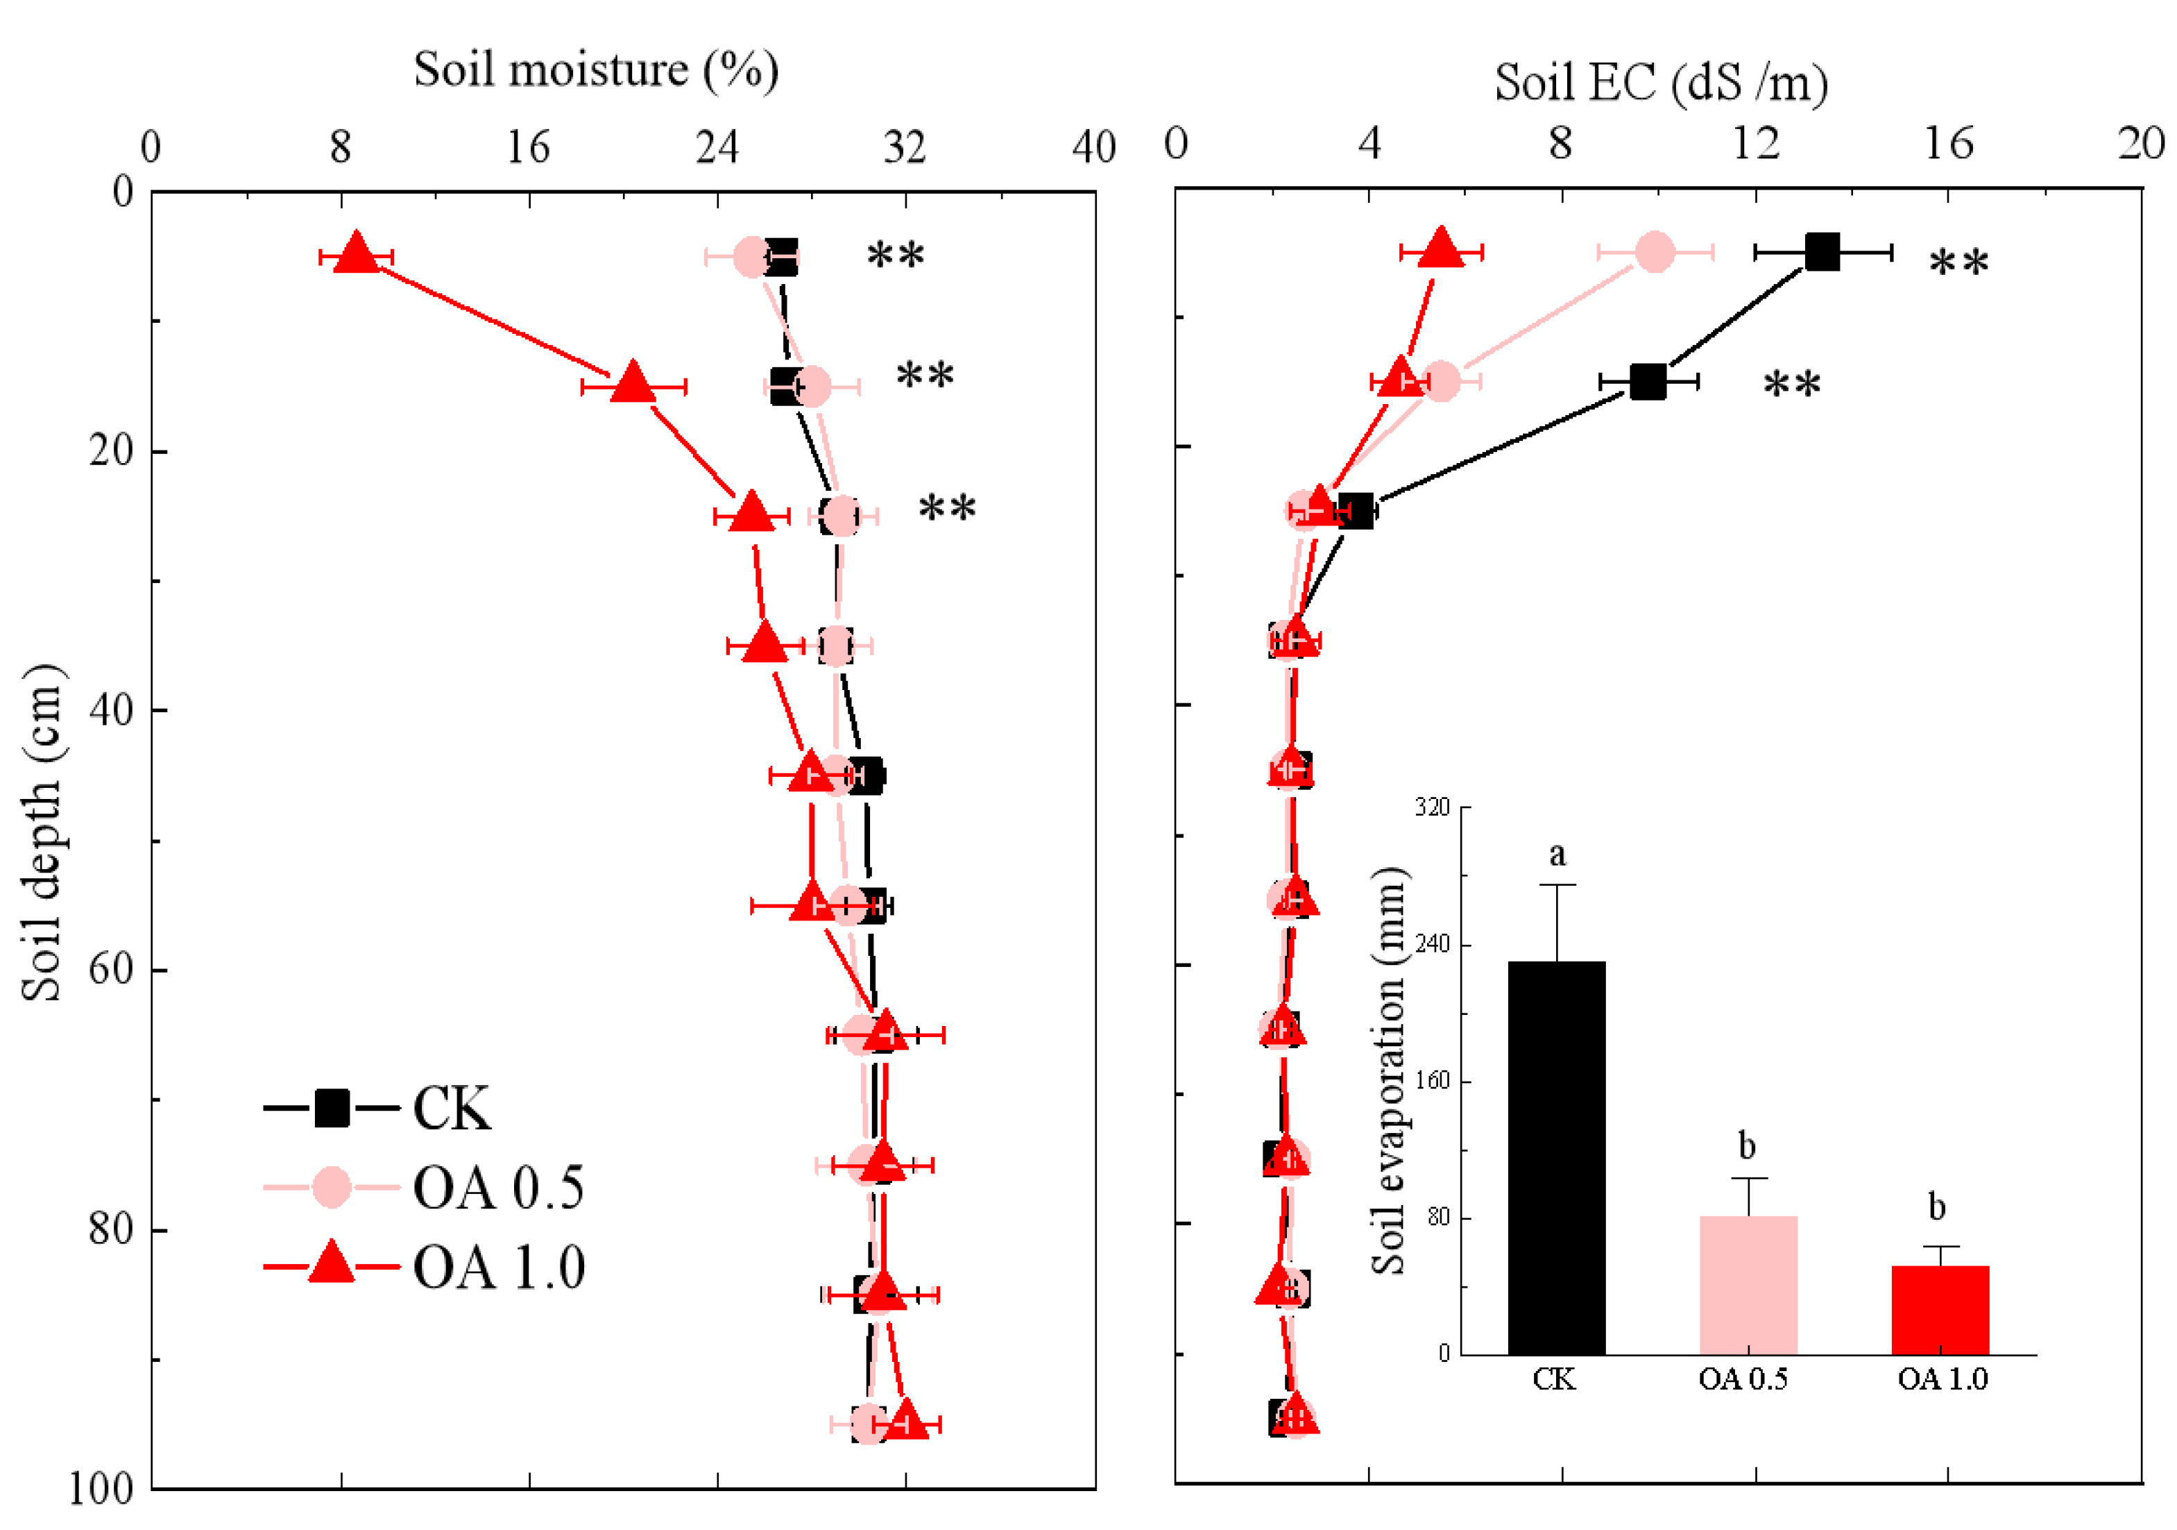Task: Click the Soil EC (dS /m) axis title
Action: [1662, 83]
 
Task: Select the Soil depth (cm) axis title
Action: [42, 833]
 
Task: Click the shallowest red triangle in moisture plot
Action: [357, 252]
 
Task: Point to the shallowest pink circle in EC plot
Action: [1655, 252]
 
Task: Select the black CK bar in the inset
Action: [1557, 1157]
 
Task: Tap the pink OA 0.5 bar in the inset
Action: [1748, 1285]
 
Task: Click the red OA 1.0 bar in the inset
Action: [1940, 1309]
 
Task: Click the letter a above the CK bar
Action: [1557, 855]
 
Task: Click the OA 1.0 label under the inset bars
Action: [1942, 1379]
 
